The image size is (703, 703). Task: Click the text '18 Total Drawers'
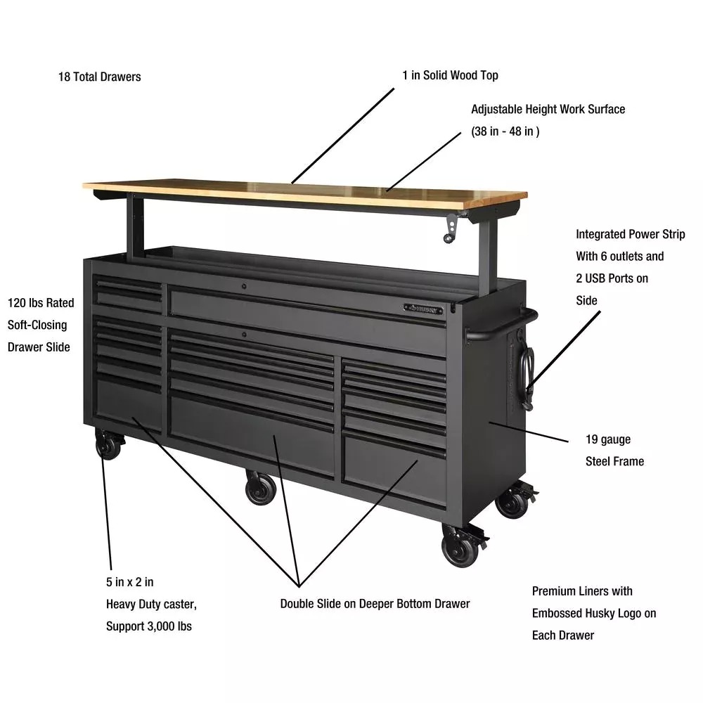pos(100,77)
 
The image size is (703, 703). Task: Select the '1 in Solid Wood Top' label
pos(450,75)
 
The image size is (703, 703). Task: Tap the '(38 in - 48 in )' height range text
pos(505,131)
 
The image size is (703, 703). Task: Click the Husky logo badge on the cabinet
pos(423,309)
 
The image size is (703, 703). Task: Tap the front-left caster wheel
pos(108,444)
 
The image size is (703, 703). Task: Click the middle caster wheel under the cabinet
pos(261,487)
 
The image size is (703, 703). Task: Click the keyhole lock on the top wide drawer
pos(244,286)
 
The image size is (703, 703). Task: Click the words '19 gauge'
pos(608,439)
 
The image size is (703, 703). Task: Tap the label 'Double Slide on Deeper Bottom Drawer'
pos(375,603)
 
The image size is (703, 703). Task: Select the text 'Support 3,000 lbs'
pos(149,626)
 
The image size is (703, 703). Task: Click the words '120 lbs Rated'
pos(41,302)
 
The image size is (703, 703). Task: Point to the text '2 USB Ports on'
pos(612,278)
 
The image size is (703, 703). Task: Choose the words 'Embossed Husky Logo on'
pos(594,613)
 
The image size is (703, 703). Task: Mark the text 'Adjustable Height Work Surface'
pos(548,109)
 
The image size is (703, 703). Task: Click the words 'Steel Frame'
pos(614,461)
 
